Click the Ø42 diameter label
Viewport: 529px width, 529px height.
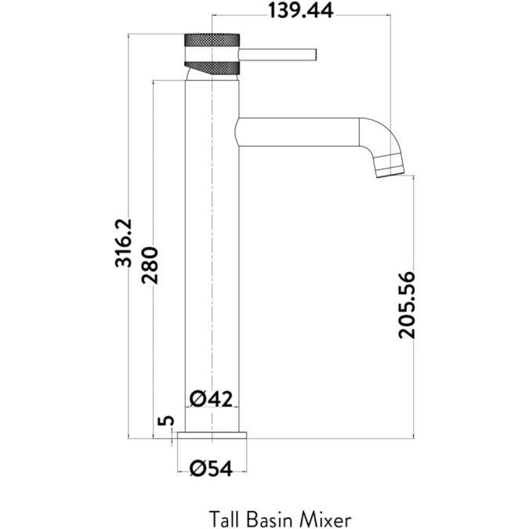coord(212,399)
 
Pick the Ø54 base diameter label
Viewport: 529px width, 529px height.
coord(212,468)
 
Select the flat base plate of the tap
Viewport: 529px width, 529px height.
coord(213,434)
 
